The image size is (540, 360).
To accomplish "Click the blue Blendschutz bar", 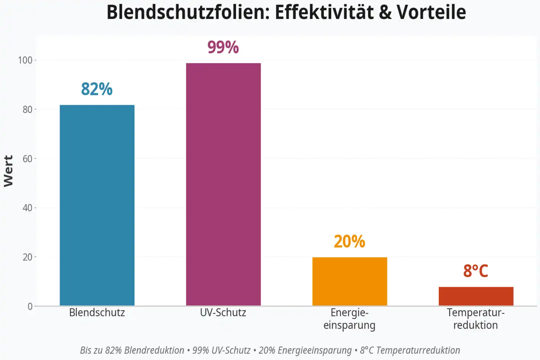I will point(97,205).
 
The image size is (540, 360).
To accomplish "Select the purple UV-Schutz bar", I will point(223,184).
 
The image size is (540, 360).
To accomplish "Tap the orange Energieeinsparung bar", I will point(349,281).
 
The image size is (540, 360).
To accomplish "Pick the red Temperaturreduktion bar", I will point(476,296).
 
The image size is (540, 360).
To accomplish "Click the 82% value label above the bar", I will point(97,89).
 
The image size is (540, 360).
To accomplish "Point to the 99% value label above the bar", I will point(223,47).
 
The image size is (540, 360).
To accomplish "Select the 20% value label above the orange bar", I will point(349,242).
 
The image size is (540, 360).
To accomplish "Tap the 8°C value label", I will point(476,271).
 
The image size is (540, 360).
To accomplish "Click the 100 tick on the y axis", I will point(25,60).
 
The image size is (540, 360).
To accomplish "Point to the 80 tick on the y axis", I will point(27,109).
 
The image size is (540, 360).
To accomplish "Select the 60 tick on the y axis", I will point(27,159).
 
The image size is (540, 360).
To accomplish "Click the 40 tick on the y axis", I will point(27,208).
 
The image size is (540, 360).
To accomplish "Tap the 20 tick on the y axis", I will point(27,257).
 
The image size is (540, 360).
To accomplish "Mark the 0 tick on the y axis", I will point(30,306).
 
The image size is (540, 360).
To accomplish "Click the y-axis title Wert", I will point(8,171).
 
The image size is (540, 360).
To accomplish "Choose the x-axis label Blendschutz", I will point(97,313).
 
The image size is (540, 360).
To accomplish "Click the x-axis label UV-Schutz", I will point(223,313).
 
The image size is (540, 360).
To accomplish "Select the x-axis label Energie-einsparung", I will point(349,319).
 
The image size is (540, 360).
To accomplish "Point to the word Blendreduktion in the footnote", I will point(154,350).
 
